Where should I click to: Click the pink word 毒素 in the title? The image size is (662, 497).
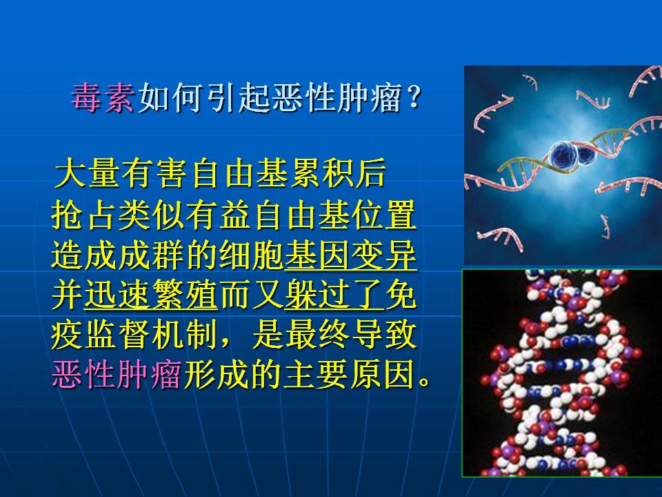point(103,97)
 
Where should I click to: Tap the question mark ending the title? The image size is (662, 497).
point(414,97)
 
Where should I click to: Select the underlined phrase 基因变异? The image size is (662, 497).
point(351,256)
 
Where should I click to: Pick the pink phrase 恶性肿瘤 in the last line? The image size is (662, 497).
point(117,374)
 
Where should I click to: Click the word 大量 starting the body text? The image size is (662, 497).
point(87,173)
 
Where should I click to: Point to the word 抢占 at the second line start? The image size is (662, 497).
point(83,215)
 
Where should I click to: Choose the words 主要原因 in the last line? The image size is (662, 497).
point(350,374)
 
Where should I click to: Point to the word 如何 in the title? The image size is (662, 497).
point(170,97)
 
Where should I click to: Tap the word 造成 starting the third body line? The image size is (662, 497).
point(83,256)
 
